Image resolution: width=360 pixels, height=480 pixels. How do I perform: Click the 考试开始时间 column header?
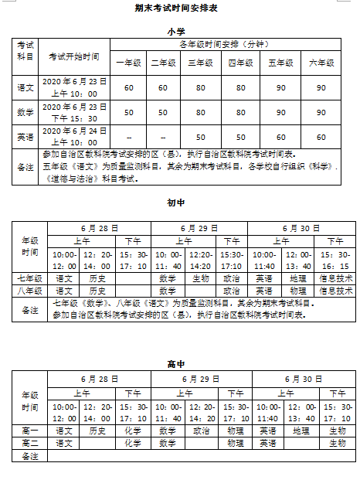click(x=73, y=56)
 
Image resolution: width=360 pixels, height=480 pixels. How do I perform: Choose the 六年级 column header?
click(x=321, y=62)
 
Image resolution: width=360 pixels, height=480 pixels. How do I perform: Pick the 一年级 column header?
click(x=128, y=62)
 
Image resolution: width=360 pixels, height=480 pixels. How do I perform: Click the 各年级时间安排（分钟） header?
click(x=224, y=45)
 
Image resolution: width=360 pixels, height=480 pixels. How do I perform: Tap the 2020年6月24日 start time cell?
click(x=73, y=136)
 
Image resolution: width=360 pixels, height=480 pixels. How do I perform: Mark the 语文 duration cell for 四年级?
click(x=241, y=87)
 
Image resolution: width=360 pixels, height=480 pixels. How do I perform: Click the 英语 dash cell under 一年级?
click(x=128, y=136)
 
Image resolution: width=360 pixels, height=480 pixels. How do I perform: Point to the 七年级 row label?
click(x=30, y=278)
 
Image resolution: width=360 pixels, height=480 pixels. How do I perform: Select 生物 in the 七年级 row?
click(x=201, y=278)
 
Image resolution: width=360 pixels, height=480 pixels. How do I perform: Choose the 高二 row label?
click(x=30, y=443)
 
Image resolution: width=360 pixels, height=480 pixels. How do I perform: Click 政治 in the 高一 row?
click(x=201, y=431)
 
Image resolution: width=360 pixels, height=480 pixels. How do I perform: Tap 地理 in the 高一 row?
click(x=301, y=431)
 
